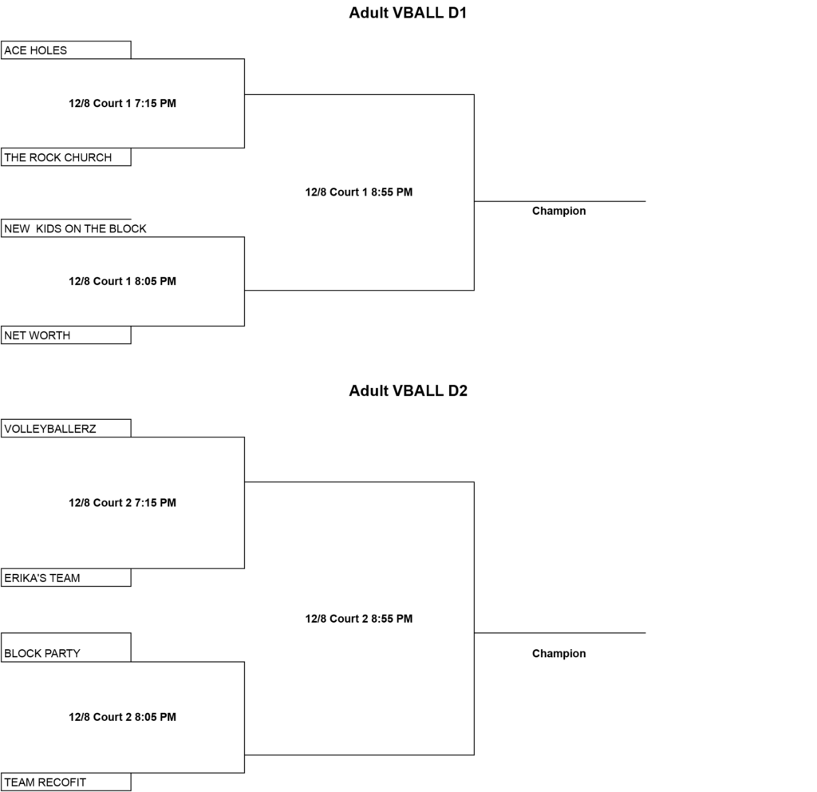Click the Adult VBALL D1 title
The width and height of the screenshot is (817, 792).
[x=408, y=13]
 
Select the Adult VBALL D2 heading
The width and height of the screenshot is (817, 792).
[x=408, y=391]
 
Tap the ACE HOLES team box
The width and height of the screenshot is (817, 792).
[x=66, y=50]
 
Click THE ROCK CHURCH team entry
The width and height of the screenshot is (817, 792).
[x=66, y=157]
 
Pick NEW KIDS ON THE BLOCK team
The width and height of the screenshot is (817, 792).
[x=75, y=228]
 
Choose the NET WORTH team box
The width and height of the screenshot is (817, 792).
[x=66, y=335]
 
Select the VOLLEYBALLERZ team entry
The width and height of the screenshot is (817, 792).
[x=66, y=429]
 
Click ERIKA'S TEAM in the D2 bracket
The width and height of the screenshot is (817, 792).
[x=66, y=578]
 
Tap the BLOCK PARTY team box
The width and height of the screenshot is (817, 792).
[x=66, y=647]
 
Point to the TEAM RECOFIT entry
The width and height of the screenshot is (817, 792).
[x=66, y=782]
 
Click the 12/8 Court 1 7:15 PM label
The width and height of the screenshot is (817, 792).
[x=122, y=103]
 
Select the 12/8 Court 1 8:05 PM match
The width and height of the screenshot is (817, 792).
[x=122, y=281]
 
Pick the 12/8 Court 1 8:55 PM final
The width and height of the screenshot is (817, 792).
[x=359, y=192]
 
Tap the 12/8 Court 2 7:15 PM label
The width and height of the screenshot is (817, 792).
[x=122, y=503]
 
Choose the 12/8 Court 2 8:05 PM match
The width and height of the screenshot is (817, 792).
[x=122, y=717]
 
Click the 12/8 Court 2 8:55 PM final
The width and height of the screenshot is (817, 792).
[x=359, y=619]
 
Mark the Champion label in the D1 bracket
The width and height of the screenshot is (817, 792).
[x=559, y=211]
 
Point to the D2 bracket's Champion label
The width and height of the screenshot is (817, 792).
[x=559, y=654]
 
